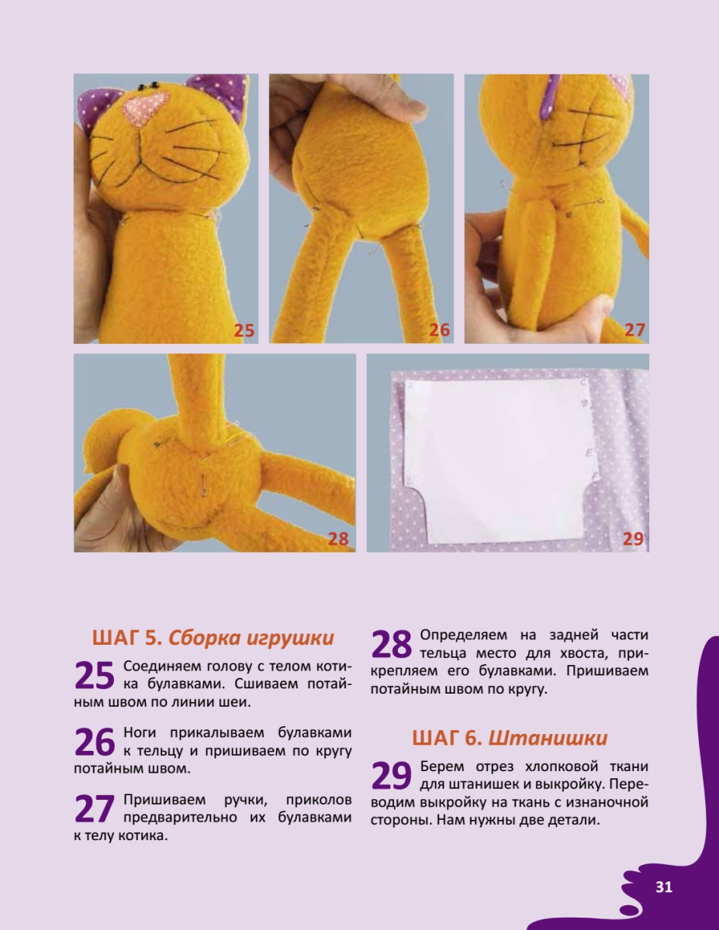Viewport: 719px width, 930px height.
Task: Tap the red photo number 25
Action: (x=244, y=330)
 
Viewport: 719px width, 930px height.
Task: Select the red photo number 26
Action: (x=439, y=330)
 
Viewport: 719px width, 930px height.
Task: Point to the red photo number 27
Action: (x=634, y=330)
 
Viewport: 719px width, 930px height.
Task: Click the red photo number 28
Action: (x=338, y=539)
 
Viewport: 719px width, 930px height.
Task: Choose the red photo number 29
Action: (x=633, y=539)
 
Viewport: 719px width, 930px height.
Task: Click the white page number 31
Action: (x=664, y=887)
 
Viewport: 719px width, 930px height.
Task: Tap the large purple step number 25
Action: (x=95, y=676)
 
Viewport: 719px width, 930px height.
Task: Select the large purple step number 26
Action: (x=95, y=742)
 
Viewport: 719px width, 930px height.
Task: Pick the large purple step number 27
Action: (x=95, y=808)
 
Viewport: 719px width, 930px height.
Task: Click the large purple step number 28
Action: (x=391, y=645)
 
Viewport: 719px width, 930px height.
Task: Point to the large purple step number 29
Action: (x=391, y=776)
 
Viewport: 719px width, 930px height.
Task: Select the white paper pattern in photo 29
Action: (x=499, y=460)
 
